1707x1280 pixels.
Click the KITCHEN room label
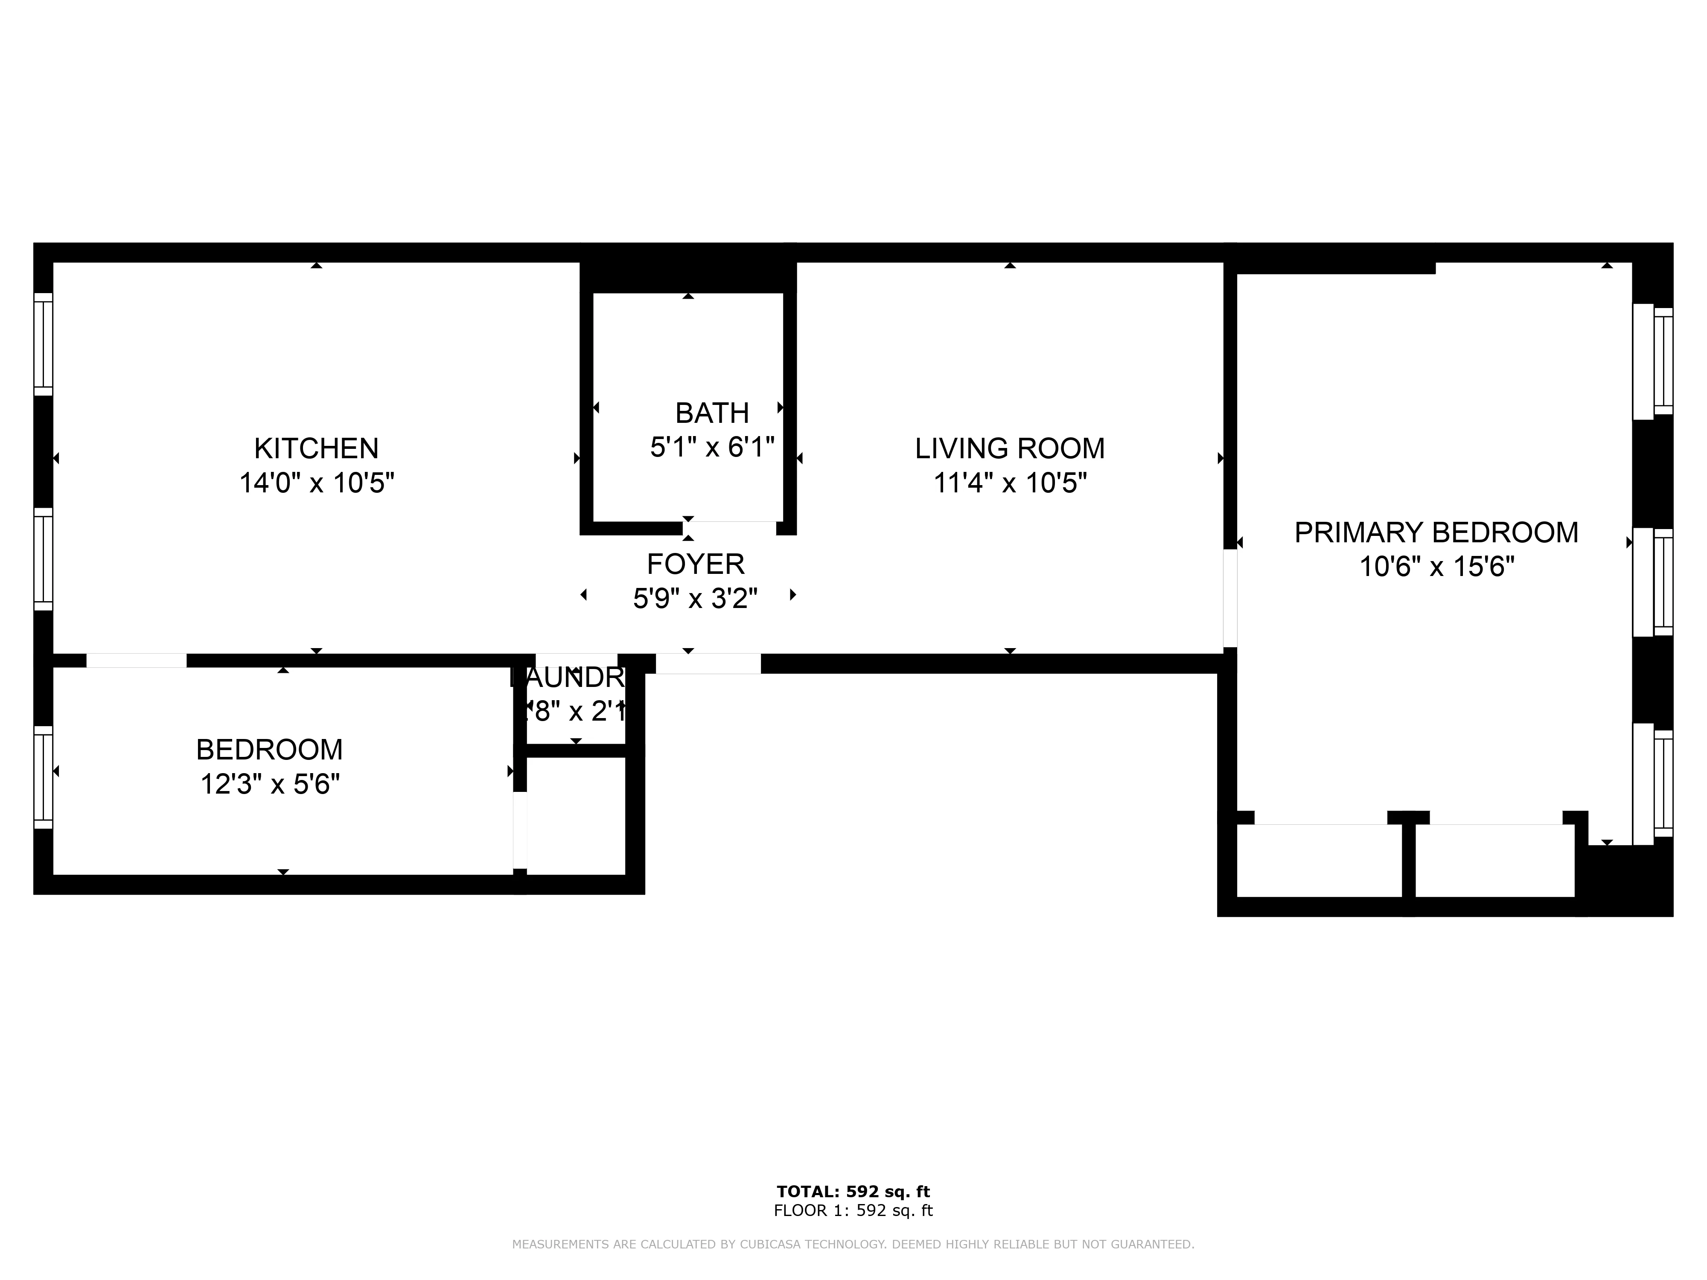(x=316, y=448)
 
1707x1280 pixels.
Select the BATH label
(x=711, y=413)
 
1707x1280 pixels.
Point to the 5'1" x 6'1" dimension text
(x=711, y=448)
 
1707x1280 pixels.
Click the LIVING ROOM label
(x=1009, y=448)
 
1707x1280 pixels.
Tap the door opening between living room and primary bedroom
(x=1230, y=598)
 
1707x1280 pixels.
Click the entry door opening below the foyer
(x=708, y=663)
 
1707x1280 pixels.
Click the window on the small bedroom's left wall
(x=43, y=777)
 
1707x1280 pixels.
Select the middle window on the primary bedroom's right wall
(x=1653, y=582)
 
